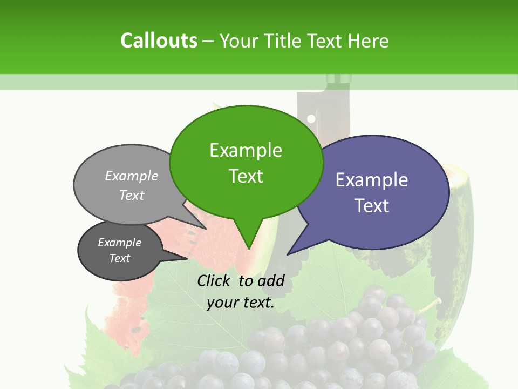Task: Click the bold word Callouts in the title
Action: [x=159, y=41]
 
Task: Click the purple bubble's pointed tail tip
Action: [x=288, y=254]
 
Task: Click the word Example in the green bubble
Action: [x=246, y=150]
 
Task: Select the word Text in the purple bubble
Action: [x=372, y=206]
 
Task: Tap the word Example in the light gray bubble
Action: [x=132, y=176]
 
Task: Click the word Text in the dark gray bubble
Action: [x=120, y=258]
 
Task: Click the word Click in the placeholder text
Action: [x=215, y=280]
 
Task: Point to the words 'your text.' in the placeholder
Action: [x=241, y=303]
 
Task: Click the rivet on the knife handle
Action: [x=311, y=119]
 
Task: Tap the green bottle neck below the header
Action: [x=339, y=81]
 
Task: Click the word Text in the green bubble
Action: [x=246, y=176]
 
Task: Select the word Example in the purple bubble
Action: [x=372, y=180]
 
